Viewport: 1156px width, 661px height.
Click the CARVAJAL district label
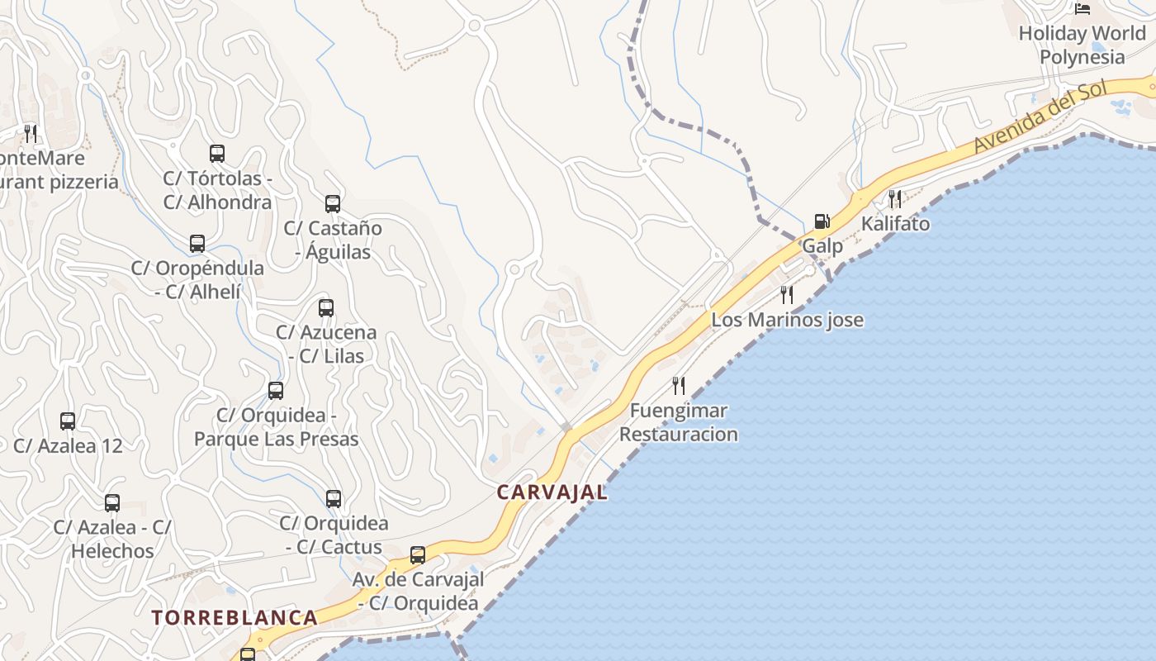pos(552,492)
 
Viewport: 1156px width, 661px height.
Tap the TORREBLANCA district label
pos(235,618)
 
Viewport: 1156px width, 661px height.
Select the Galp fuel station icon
pos(822,221)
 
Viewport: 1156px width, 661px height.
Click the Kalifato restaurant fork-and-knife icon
pos(895,198)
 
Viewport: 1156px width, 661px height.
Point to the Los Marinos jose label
pos(787,320)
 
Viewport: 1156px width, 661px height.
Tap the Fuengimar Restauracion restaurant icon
pos(679,385)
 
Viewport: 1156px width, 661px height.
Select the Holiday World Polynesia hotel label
pos(1082,45)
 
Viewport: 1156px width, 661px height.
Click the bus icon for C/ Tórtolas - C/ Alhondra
pos(217,153)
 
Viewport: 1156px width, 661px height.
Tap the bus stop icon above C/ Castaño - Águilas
pos(333,203)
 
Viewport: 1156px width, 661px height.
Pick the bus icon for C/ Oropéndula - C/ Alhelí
pos(197,243)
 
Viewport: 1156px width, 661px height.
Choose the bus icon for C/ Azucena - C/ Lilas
pos(326,308)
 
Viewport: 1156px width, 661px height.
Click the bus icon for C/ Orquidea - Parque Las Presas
pos(276,390)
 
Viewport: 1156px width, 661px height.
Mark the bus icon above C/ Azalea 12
pos(68,421)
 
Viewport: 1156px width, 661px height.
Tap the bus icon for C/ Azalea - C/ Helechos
pos(112,502)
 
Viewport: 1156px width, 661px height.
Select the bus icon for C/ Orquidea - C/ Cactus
pos(334,499)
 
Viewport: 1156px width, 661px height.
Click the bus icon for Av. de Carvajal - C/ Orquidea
pos(418,554)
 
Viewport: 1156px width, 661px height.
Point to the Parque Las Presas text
pos(277,439)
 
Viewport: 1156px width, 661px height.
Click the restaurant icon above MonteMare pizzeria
pos(31,132)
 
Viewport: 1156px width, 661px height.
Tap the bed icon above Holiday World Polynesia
pos(1083,9)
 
